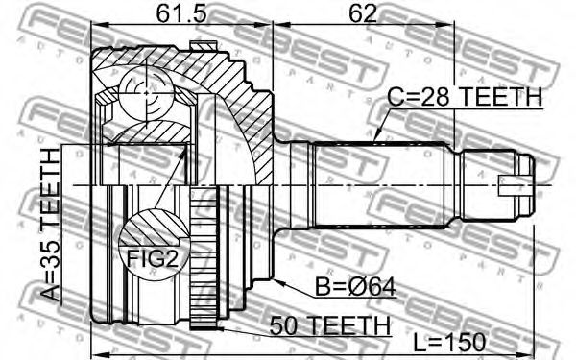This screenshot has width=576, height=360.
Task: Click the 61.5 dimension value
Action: coord(181,13)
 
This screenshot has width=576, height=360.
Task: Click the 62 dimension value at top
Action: coord(363,13)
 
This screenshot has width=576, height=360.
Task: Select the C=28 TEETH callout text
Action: coord(465,97)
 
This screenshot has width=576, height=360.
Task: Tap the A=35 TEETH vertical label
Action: coord(50,224)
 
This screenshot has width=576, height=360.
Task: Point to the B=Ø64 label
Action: coord(355,287)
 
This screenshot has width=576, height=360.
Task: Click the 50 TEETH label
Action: coord(330,325)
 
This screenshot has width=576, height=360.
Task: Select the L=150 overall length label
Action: coord(449,343)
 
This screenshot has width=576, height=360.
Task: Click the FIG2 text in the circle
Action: coord(153,258)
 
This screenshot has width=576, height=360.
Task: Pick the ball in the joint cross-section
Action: coord(146,93)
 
